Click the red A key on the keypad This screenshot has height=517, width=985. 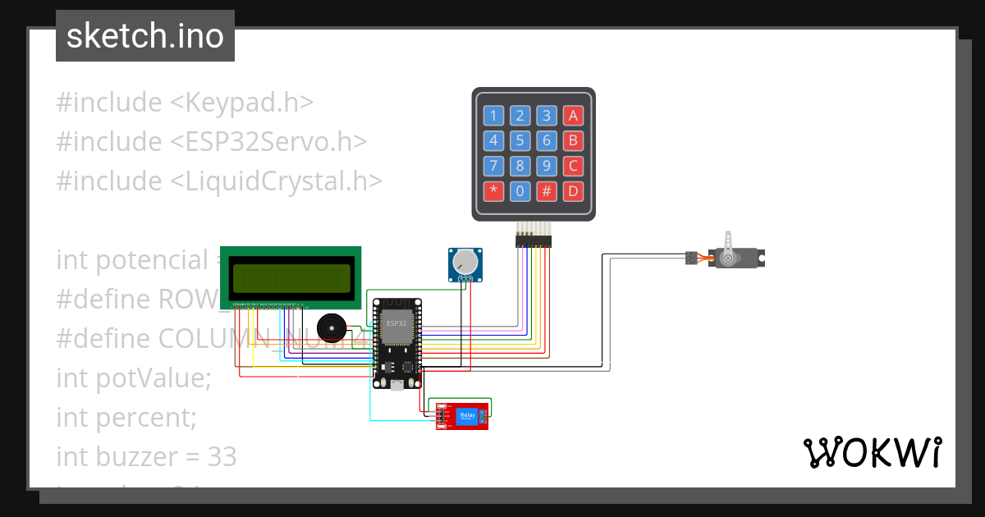tap(574, 115)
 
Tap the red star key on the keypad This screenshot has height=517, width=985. tap(493, 192)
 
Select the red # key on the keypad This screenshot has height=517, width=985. tap(547, 192)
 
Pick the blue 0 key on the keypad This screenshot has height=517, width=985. tap(520, 192)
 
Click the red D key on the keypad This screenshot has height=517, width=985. tap(574, 192)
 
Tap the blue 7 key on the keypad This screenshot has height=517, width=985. tap(493, 167)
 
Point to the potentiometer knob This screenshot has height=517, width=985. tap(465, 262)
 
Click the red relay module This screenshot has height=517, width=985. tap(463, 416)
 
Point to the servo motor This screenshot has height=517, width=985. tap(735, 258)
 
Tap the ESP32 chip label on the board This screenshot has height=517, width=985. tap(396, 323)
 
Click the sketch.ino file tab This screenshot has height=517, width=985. tap(145, 36)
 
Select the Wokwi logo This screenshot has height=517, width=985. tap(872, 453)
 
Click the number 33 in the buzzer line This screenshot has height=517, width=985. tap(222, 456)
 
